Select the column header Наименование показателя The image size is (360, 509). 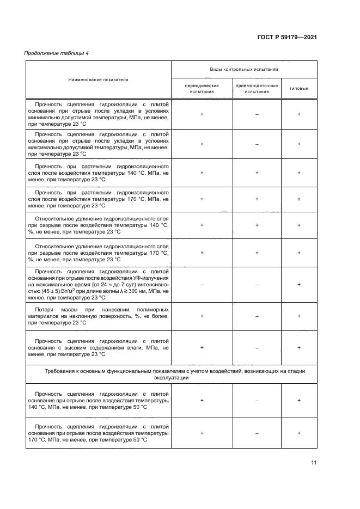[x=98, y=79]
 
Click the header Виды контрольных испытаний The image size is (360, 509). [x=244, y=70]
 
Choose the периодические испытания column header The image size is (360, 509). [x=202, y=89]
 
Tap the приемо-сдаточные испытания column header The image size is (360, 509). [x=257, y=89]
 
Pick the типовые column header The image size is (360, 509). [x=298, y=89]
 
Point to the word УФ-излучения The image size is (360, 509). [x=149, y=277]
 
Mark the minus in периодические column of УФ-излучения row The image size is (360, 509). [x=202, y=284]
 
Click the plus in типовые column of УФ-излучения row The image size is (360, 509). [x=299, y=284]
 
